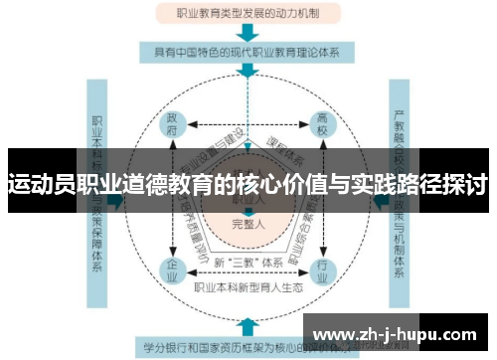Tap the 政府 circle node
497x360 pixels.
173,126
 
